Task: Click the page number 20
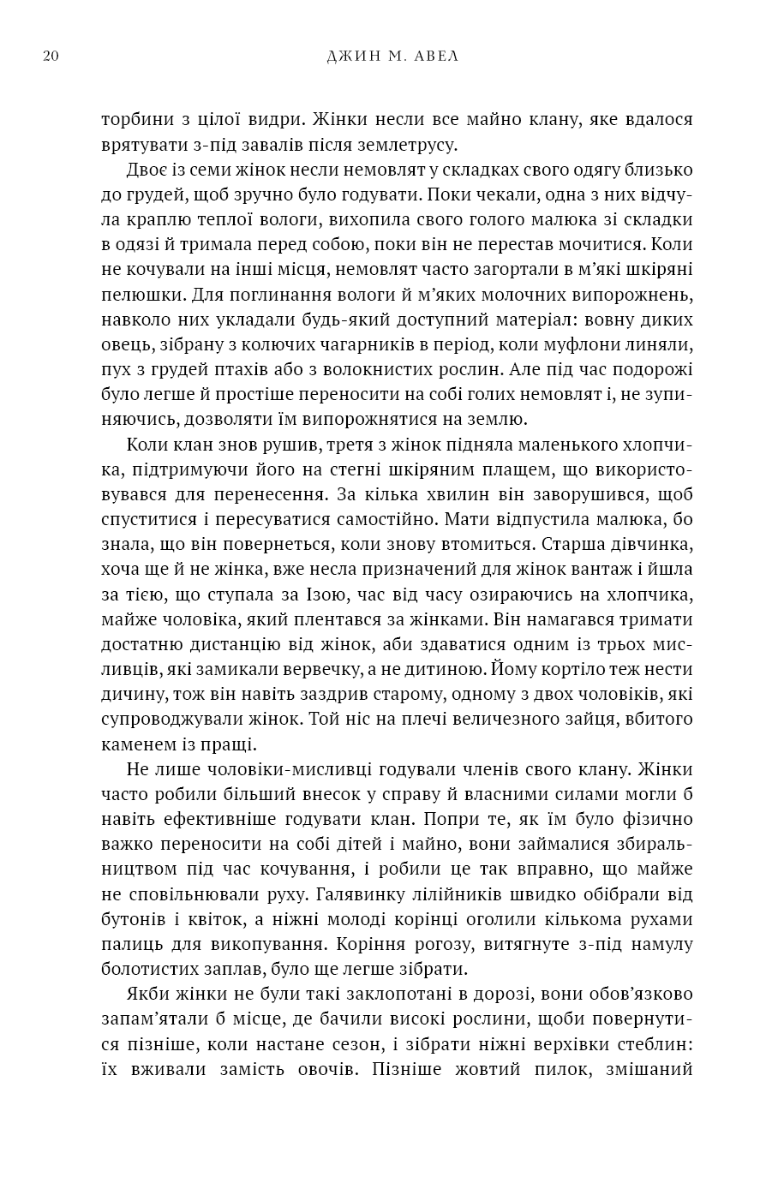click(50, 57)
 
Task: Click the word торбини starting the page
click(135, 120)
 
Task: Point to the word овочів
click(328, 1069)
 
